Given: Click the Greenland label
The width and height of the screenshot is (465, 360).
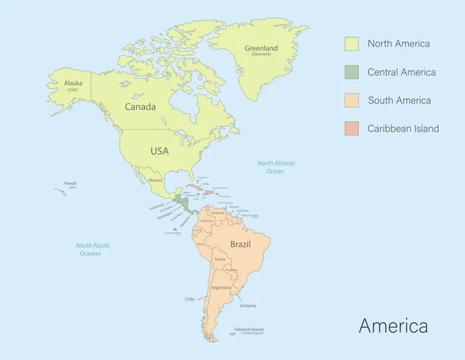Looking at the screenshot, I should (261, 48).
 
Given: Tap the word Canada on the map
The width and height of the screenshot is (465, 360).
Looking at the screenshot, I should (140, 107).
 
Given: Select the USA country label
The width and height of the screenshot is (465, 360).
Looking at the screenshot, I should (159, 151).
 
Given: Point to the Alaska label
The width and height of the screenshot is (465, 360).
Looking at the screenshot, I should (74, 84).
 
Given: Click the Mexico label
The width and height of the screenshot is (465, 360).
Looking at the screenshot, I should (156, 180).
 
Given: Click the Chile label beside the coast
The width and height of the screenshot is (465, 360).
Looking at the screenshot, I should (190, 299).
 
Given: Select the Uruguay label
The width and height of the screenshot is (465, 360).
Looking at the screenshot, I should (248, 304).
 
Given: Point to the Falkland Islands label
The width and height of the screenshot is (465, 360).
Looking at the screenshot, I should (249, 329).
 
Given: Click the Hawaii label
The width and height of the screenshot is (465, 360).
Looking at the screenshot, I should (70, 183).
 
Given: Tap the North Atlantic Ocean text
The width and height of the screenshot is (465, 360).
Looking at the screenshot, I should (277, 167).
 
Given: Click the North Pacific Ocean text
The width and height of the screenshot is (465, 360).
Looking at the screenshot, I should (93, 249).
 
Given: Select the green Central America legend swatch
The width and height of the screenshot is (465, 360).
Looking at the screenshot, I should (352, 72).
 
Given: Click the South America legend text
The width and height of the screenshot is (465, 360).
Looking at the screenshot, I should (399, 101).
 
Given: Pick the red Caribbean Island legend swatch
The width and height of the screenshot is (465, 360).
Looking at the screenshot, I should (352, 129).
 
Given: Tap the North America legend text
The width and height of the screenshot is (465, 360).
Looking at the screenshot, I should (398, 44).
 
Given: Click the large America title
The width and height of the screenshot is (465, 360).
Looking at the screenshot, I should (393, 326).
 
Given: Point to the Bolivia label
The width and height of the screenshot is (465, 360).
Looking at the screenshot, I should (220, 259).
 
